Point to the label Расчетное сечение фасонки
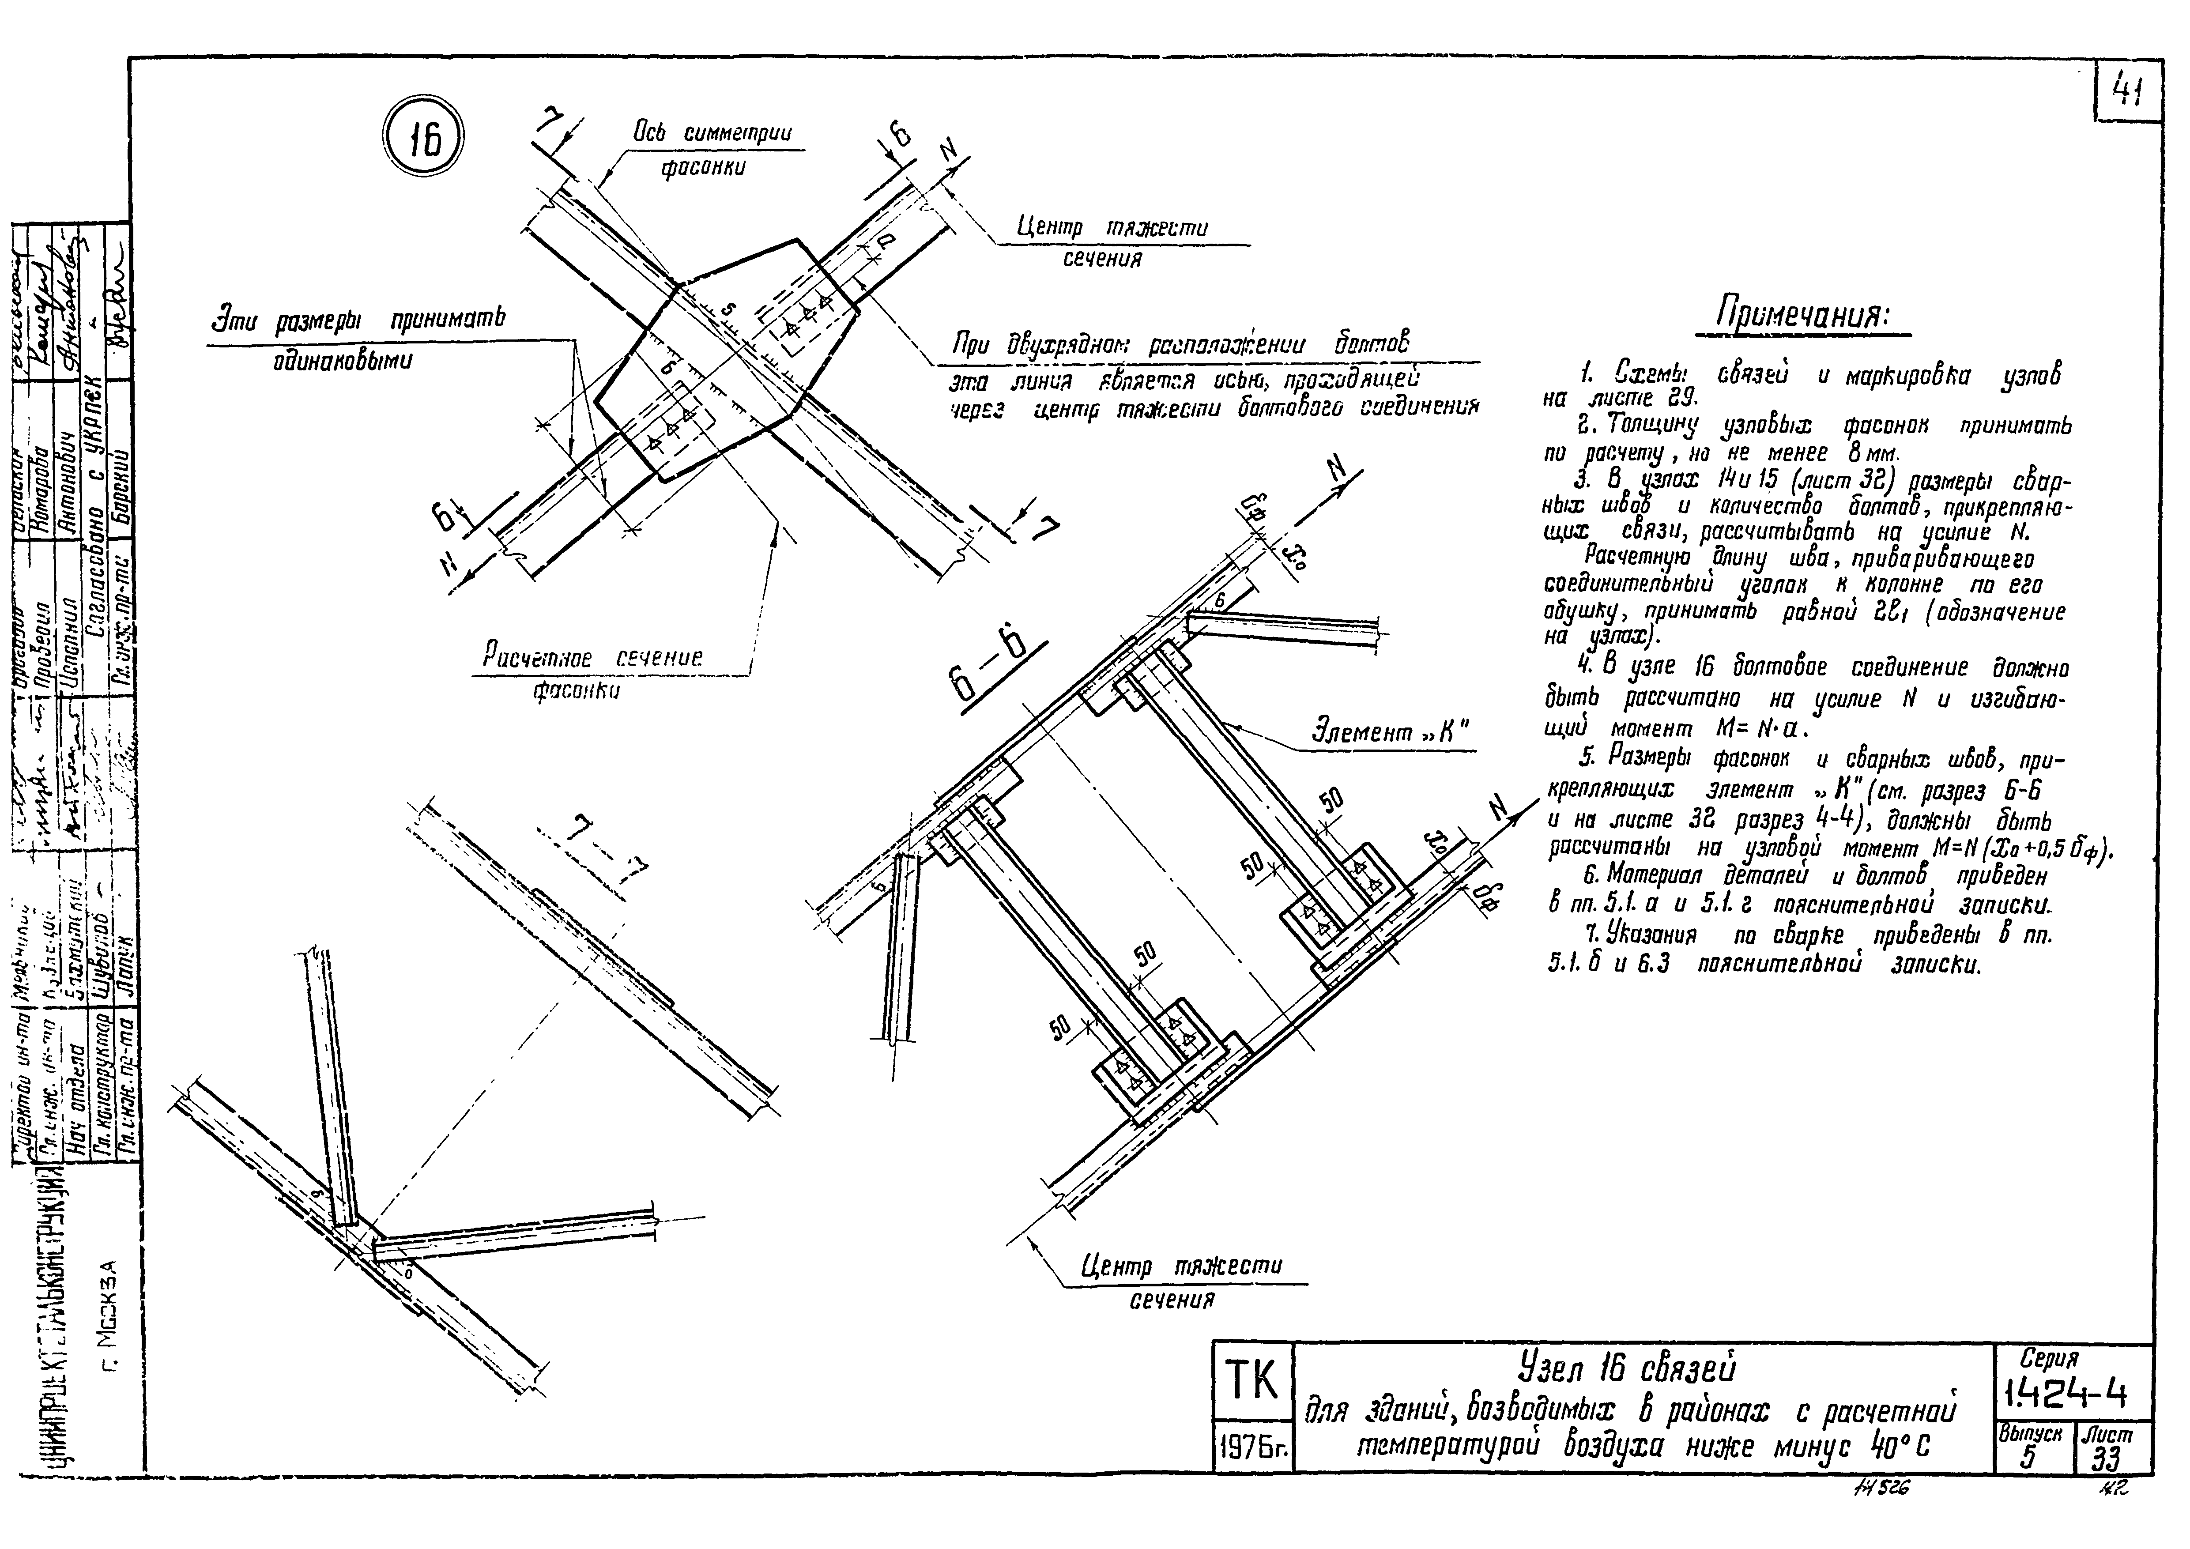point(592,672)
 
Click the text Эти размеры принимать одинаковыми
point(358,339)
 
